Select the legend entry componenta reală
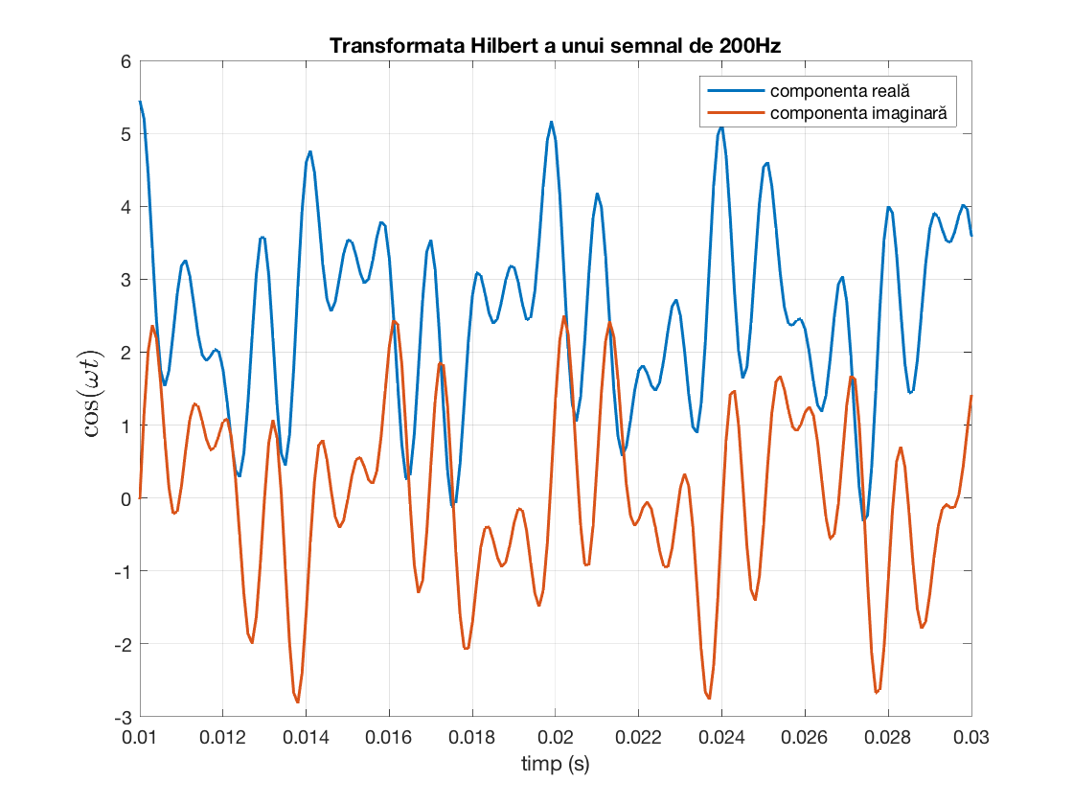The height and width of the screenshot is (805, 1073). coord(840,91)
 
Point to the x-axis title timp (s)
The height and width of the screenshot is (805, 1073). coord(555,764)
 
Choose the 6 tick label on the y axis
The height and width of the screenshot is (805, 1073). coord(125,61)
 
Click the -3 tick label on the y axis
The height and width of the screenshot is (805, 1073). coord(121,717)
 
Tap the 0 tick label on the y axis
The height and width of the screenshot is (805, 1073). coord(125,498)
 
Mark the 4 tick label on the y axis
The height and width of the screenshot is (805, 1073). coord(125,207)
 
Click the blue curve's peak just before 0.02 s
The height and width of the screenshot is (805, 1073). coord(552,123)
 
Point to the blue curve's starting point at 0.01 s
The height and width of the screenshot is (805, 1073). coord(140,102)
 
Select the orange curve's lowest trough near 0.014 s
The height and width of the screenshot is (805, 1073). coord(298,701)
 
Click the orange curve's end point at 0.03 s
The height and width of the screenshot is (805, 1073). coord(970,396)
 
